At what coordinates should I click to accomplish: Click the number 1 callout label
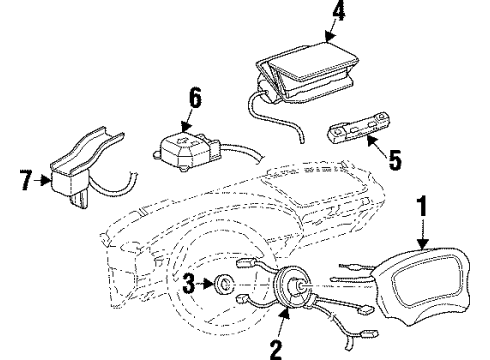423,207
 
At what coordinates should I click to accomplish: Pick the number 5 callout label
394,157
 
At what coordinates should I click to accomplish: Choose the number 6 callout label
196,96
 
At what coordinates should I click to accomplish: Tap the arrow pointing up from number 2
283,324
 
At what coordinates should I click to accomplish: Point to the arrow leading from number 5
380,145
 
